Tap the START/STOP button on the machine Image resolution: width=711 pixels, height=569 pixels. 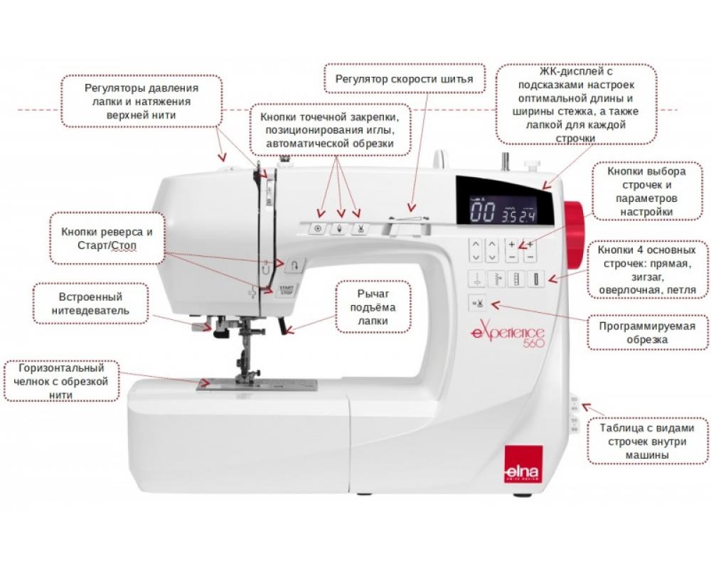pos(286,290)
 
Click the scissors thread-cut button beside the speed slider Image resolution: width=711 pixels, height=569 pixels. pos(360,229)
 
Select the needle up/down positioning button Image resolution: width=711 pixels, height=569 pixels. pos(338,229)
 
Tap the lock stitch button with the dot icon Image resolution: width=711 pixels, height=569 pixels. pos(317,229)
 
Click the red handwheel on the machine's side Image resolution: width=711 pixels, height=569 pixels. pos(574,233)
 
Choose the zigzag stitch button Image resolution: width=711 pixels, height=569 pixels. pos(496,279)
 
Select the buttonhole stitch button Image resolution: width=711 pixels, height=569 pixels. pos(536,279)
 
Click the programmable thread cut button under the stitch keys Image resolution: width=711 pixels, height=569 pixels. pos(477,303)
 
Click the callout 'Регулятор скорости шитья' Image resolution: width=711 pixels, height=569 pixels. pos(405,79)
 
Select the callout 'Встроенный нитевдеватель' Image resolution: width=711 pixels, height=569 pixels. pos(91,304)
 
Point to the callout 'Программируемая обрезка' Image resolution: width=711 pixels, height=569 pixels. pos(648,333)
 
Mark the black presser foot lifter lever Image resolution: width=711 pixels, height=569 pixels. pos(283,326)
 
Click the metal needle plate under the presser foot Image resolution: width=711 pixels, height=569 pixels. pos(257,385)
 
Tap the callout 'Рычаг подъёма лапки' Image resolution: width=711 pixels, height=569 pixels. pos(373,307)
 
